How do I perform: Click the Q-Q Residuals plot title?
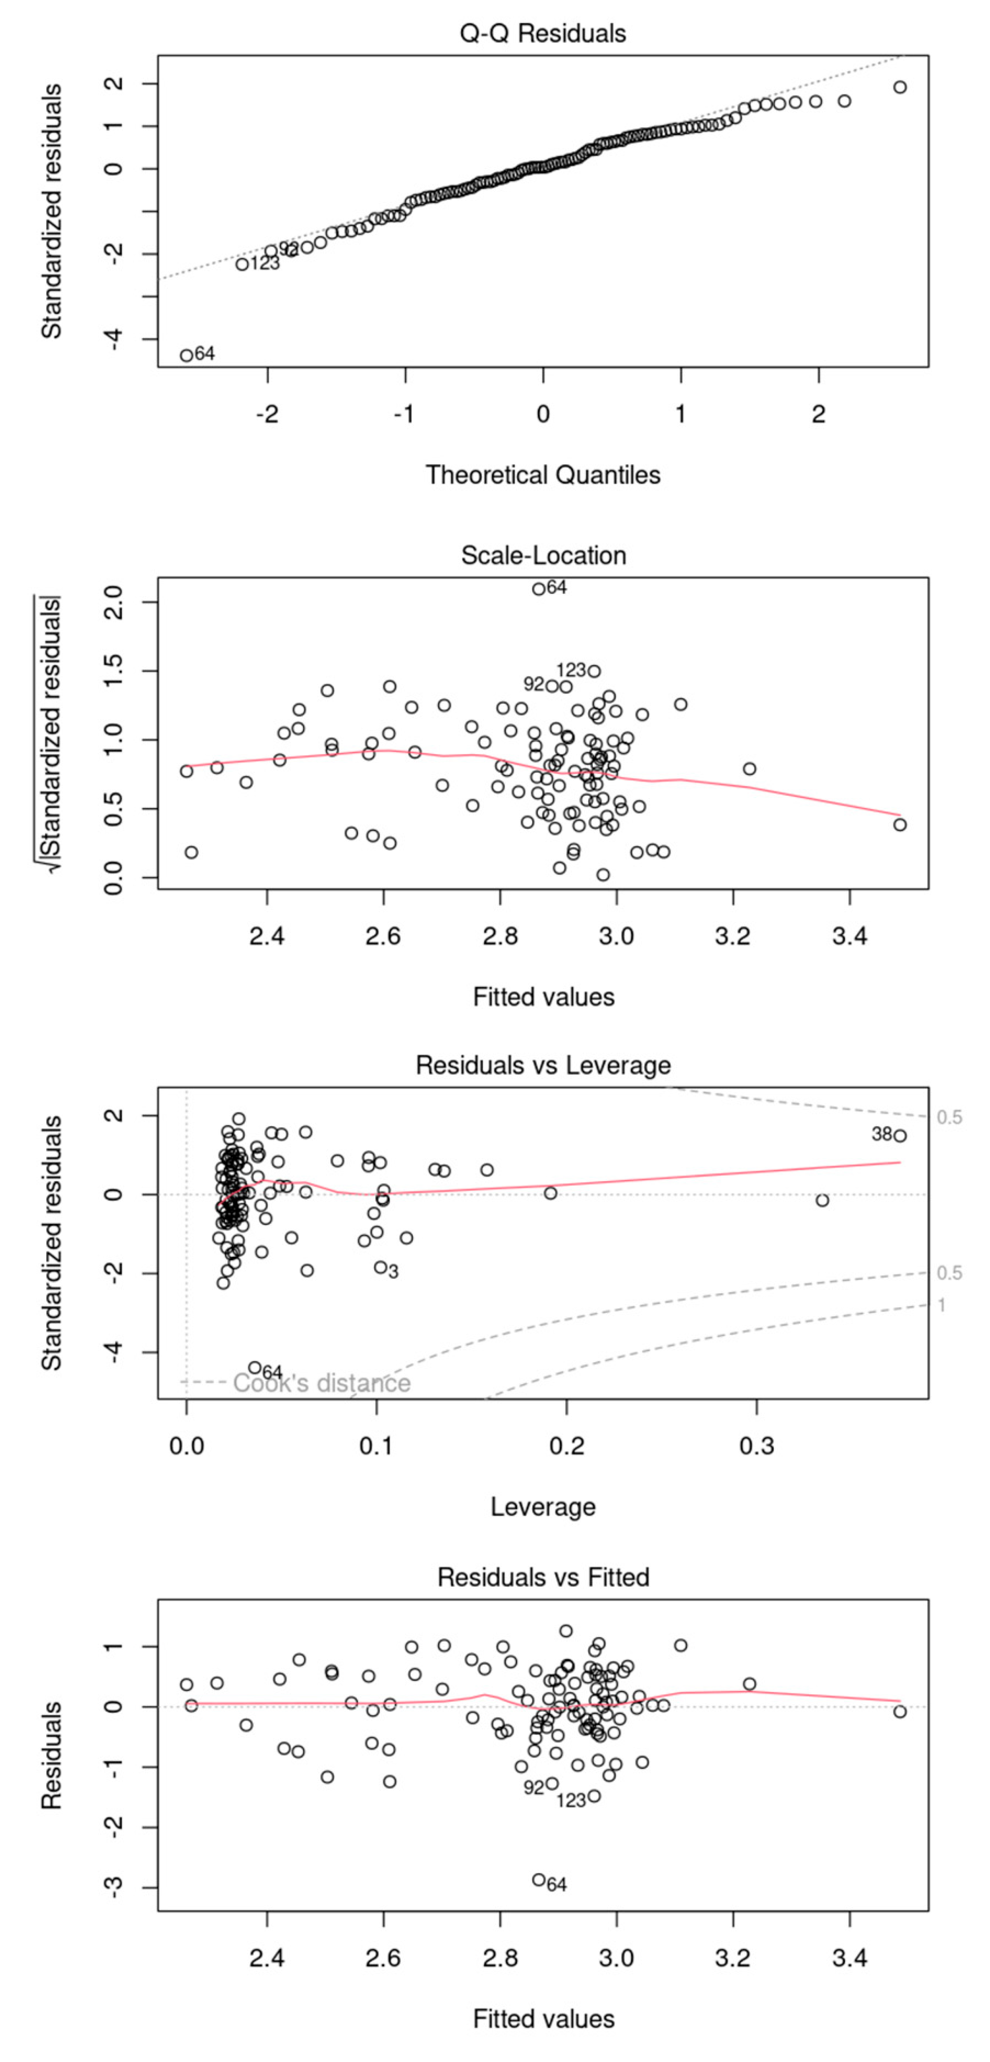(543, 34)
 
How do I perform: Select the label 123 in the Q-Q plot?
(264, 263)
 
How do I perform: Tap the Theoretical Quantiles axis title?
(543, 475)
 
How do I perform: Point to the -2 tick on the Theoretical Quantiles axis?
(267, 414)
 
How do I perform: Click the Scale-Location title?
(543, 555)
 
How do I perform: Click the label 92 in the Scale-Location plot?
(534, 684)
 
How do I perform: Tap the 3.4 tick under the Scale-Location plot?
(849, 936)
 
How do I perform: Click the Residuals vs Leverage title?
(543, 1065)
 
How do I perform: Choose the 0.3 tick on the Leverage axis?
(756, 1446)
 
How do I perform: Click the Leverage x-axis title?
(543, 1507)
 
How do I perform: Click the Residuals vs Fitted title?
(543, 1577)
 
